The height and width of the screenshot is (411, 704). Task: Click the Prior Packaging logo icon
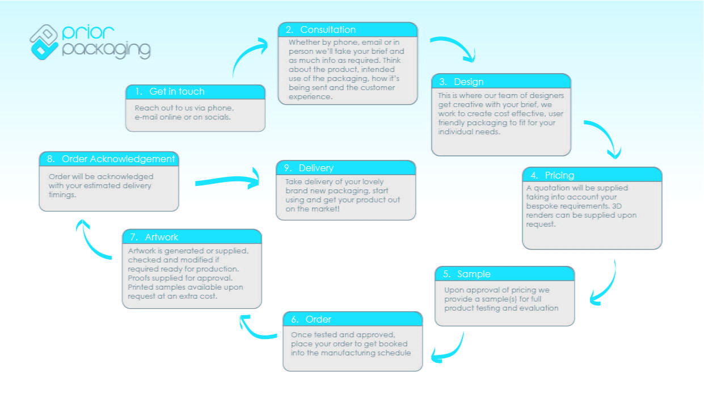pyautogui.click(x=44, y=41)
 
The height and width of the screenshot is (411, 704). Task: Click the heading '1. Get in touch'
pyautogui.click(x=176, y=92)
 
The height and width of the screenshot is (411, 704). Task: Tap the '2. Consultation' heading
pyautogui.click(x=328, y=30)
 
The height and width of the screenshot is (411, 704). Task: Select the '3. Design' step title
pyautogui.click(x=468, y=82)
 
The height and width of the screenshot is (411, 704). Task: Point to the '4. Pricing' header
pyautogui.click(x=559, y=175)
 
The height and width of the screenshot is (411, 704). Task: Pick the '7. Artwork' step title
pyautogui.click(x=162, y=237)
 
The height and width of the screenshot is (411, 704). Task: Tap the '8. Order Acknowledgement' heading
pyautogui.click(x=118, y=159)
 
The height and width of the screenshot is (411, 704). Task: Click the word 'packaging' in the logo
pyautogui.click(x=106, y=49)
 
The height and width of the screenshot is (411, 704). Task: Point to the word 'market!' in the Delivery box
pyautogui.click(x=327, y=209)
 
